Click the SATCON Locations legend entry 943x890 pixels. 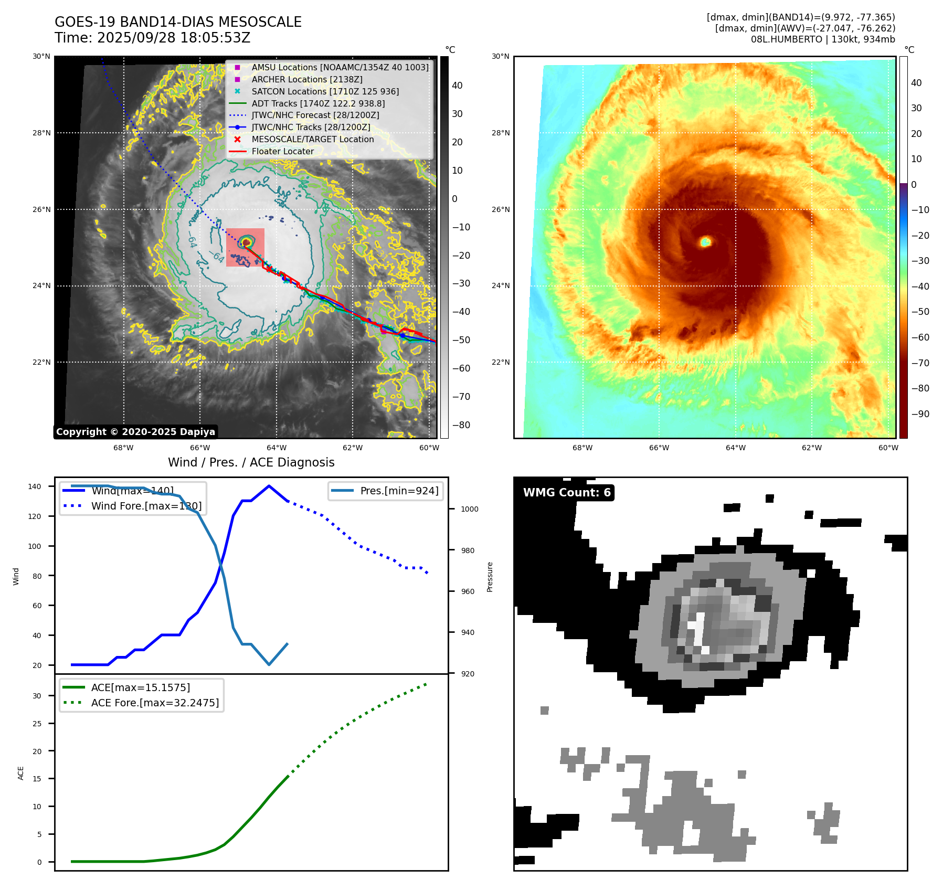tap(325, 91)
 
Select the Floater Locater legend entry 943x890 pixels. tap(282, 151)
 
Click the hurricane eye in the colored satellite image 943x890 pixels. tap(706, 241)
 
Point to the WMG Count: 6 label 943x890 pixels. tap(567, 492)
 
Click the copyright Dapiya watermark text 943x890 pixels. tap(135, 432)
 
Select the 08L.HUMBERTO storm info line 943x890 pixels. tap(822, 39)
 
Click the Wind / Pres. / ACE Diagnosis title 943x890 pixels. tap(251, 462)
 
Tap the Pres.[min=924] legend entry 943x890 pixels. tap(399, 491)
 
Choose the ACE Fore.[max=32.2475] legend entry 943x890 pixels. tap(155, 703)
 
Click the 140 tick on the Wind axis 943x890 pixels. tap(35, 486)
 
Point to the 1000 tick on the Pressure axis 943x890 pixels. tap(470, 509)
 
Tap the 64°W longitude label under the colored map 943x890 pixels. tap(735, 448)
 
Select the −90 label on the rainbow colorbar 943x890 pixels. tap(920, 414)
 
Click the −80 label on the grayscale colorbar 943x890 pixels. tap(461, 425)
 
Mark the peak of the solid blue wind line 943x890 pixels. tap(269, 486)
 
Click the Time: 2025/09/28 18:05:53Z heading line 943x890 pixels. tap(152, 38)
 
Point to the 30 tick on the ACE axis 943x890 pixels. tap(37, 696)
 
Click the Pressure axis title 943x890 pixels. tap(490, 577)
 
